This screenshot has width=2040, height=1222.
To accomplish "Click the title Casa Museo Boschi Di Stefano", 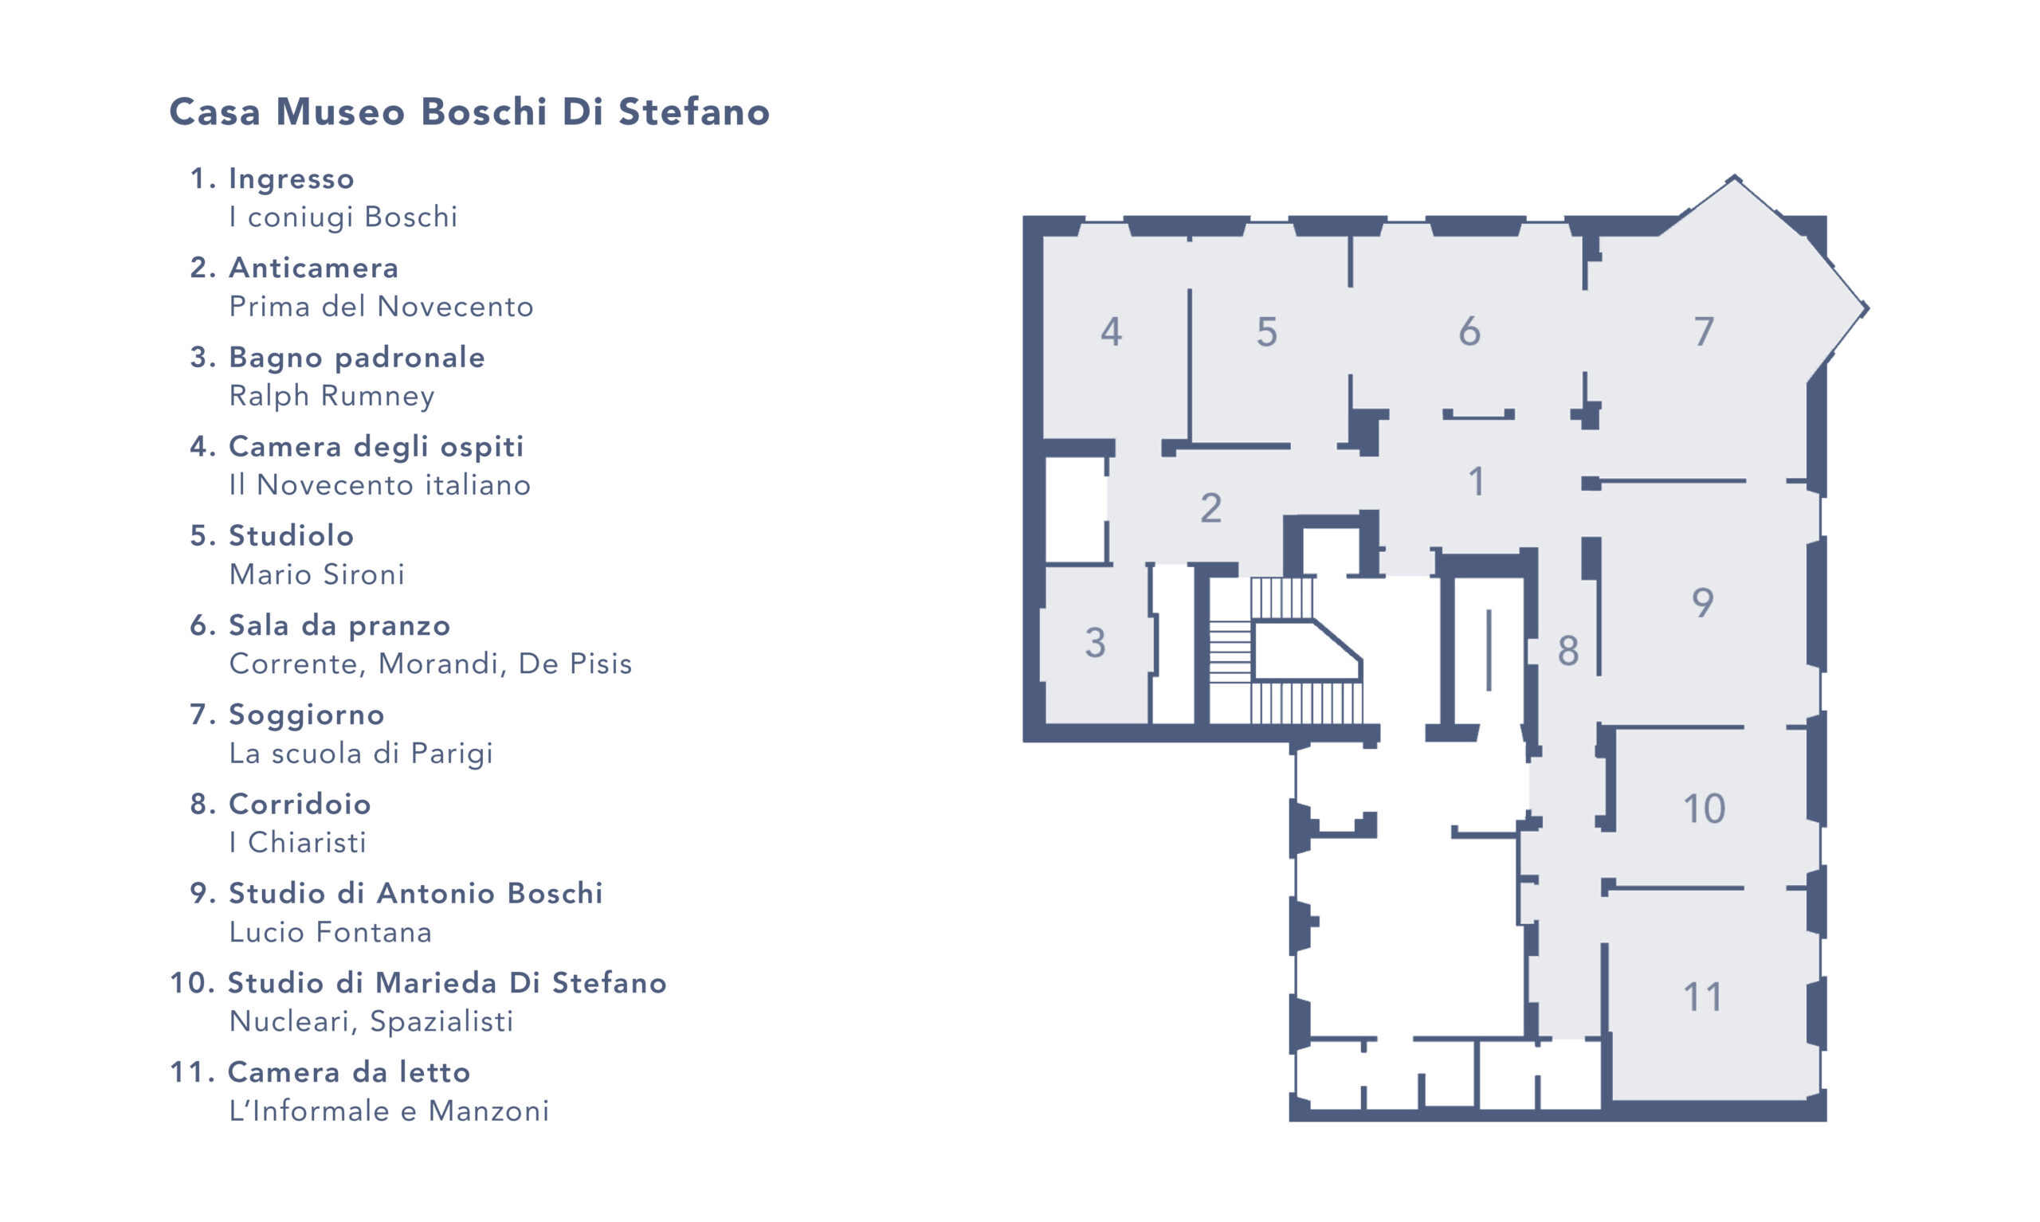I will pos(469,112).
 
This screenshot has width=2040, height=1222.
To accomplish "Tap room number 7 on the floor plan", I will pos(1703,332).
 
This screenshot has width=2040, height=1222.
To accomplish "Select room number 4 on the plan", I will pos(1111,332).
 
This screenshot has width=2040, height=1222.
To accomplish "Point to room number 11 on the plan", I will pos(1702,997).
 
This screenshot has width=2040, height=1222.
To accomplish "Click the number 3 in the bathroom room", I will pos(1095,643).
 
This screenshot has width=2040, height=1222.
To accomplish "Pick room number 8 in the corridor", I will pos(1568,651).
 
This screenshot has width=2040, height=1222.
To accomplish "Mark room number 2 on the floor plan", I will pos(1210,508).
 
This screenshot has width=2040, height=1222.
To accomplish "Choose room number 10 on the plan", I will pos(1703,809).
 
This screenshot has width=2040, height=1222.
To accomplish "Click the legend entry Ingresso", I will pos(291,178).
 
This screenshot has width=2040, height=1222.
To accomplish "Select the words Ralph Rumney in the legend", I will pos(331,395).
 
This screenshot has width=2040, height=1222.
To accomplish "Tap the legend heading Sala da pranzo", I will pos(339,626).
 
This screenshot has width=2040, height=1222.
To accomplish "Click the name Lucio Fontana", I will pos(329,932).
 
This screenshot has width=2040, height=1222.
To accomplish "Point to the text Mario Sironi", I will pos(316,574).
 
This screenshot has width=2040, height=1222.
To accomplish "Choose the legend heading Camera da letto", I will pos(348,1072).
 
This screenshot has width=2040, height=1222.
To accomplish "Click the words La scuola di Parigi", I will pos(361,753).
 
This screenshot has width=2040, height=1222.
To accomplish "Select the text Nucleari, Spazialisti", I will pos(371,1021).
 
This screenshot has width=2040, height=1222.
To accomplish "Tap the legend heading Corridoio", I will pos(299,804).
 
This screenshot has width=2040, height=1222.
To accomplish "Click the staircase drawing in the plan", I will pos(1285,651).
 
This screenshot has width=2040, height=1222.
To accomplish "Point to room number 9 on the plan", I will pos(1702,603).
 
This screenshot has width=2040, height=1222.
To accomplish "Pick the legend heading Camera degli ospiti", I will pos(375,446).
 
